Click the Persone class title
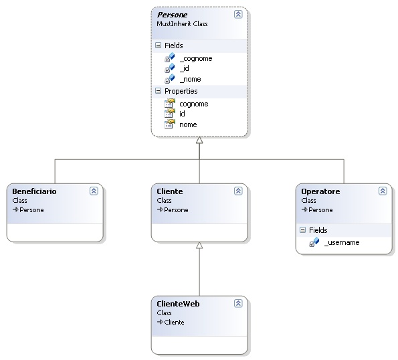[x=172, y=15]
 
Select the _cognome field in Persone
[x=196, y=58]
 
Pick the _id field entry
[x=184, y=68]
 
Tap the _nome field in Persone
[x=190, y=79]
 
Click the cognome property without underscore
[x=194, y=104]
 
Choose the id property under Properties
[x=182, y=114]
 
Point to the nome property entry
[x=188, y=124]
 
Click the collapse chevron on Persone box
[x=238, y=14]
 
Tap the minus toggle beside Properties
[x=158, y=91]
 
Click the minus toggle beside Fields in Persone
[x=158, y=46]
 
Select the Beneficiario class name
[x=34, y=191]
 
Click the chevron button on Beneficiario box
[x=94, y=191]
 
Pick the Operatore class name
[x=320, y=191]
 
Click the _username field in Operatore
[x=342, y=242]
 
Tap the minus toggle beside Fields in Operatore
[x=302, y=230]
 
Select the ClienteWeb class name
[x=178, y=304]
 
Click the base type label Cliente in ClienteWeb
[x=174, y=322]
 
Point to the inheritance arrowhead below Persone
[x=199, y=140]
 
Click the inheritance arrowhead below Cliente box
[x=199, y=246]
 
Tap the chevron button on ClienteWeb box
[x=238, y=303]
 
